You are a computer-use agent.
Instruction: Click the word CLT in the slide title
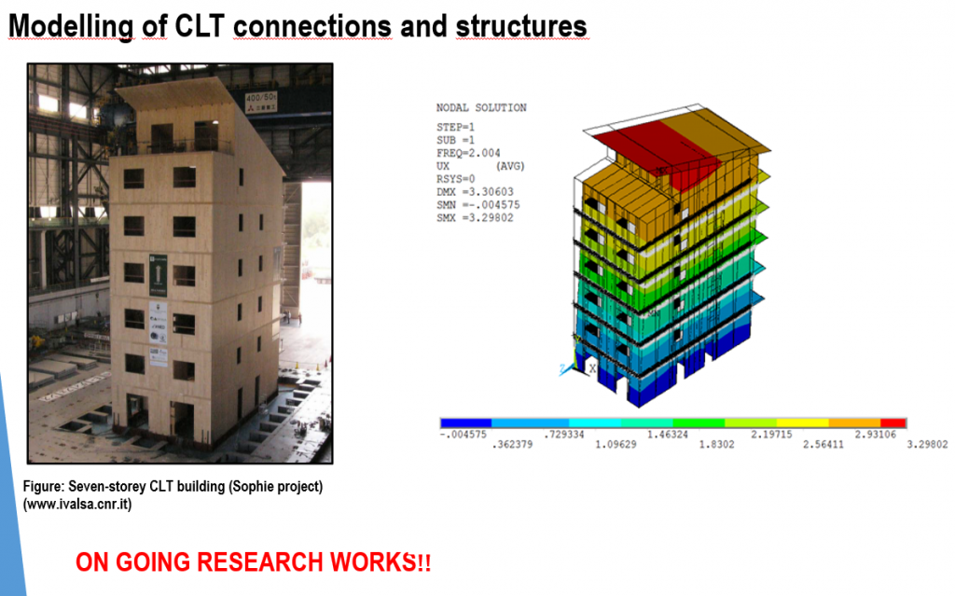tap(200, 26)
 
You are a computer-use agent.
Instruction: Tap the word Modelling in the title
tap(71, 27)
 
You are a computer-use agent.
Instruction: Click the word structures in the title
tap(520, 26)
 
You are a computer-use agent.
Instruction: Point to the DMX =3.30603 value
tap(475, 192)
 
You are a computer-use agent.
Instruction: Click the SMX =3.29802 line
tap(475, 218)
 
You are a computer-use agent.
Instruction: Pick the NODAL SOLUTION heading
tap(481, 108)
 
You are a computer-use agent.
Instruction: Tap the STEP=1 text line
tap(455, 128)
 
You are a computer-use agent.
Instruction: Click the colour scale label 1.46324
tap(668, 435)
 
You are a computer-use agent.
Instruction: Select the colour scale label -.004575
tap(464, 435)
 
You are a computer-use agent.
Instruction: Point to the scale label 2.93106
tap(875, 435)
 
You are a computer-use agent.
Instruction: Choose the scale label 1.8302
tap(716, 444)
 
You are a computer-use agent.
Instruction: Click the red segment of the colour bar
tap(893, 423)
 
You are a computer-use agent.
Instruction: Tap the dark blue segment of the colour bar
tap(466, 423)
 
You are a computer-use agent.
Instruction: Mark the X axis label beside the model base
tap(592, 368)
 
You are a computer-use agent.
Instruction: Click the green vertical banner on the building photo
tap(158, 275)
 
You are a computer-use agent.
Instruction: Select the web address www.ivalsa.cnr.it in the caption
tap(77, 505)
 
